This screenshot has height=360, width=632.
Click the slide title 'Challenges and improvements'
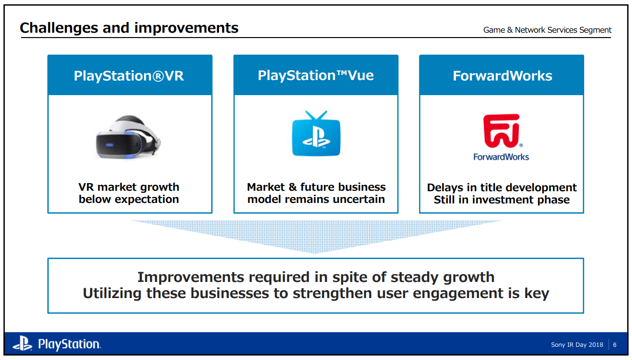129,28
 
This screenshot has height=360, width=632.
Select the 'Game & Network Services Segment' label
547,30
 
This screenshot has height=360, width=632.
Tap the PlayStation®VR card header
129,76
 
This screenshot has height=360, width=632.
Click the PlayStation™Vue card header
316,76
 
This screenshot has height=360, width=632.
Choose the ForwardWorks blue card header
502,76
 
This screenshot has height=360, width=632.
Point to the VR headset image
128,137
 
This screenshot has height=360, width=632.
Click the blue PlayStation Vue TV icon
316,138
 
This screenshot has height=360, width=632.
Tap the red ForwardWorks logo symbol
501,131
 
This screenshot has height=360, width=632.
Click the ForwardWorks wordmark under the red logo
501,157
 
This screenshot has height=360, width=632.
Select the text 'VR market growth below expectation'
129,193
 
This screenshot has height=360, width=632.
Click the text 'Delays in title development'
502,187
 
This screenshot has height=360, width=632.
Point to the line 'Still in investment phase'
502,200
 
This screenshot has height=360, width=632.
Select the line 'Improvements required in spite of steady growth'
316,277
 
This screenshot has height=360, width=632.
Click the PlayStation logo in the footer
57,344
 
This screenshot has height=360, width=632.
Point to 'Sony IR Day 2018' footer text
577,345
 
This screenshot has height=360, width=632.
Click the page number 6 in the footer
615,345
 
